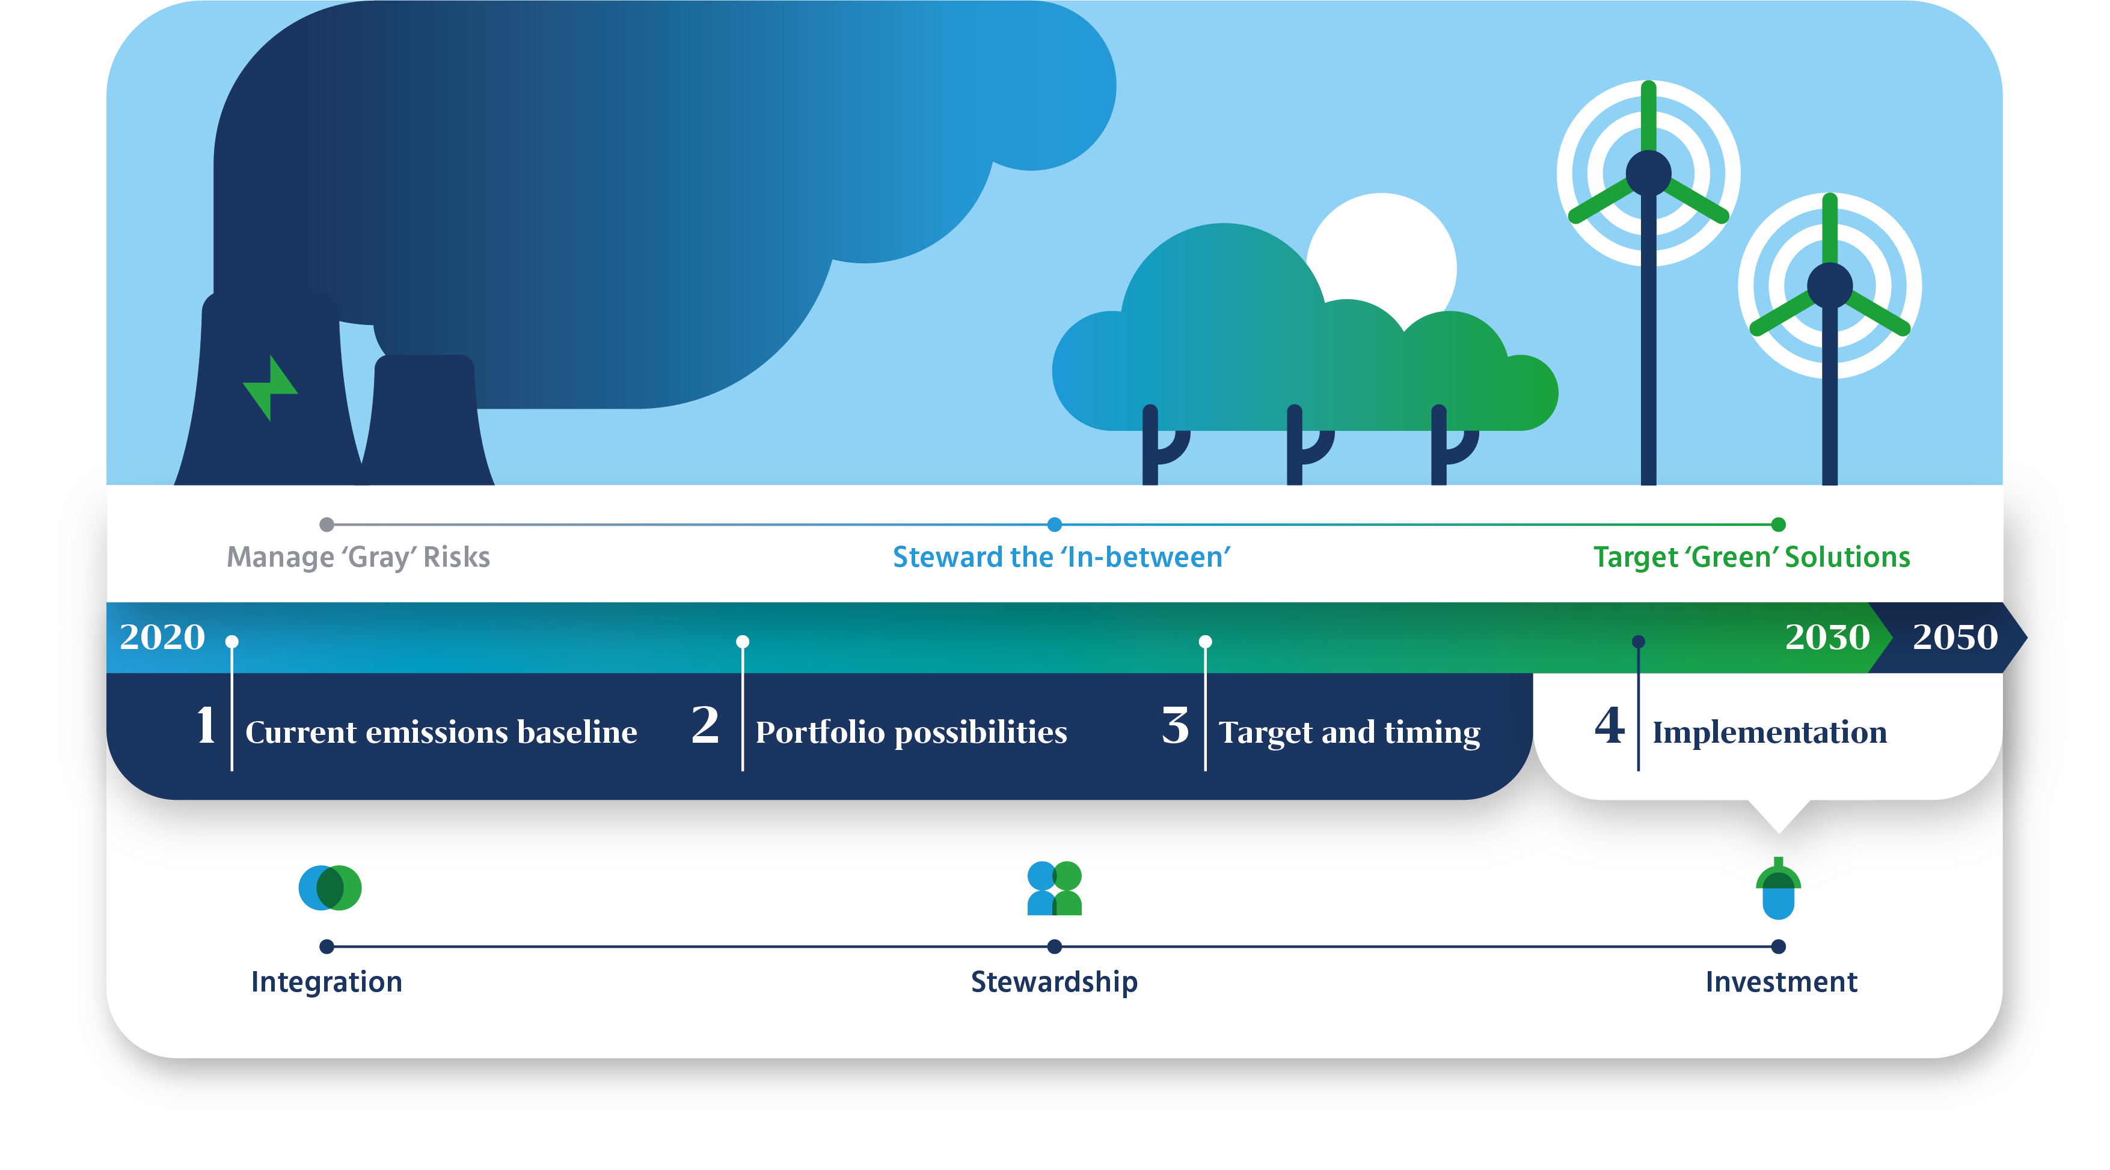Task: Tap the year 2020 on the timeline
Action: [x=162, y=637]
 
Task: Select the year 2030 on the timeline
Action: [x=1827, y=637]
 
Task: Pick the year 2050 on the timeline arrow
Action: [x=1955, y=637]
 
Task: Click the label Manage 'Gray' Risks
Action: [x=358, y=556]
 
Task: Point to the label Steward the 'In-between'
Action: [x=1061, y=556]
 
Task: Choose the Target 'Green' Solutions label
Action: [x=1751, y=556]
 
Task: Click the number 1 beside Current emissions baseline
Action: [x=206, y=725]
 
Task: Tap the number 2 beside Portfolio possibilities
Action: [x=705, y=725]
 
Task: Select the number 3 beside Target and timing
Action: [x=1176, y=725]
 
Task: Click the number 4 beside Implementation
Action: [x=1610, y=725]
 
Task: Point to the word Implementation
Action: [x=1769, y=733]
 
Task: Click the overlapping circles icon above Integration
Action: [x=330, y=888]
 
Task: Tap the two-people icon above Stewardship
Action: [x=1054, y=888]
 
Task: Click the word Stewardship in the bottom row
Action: [x=1054, y=982]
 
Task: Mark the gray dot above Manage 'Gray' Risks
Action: [x=327, y=524]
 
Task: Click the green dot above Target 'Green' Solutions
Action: [x=1778, y=524]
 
